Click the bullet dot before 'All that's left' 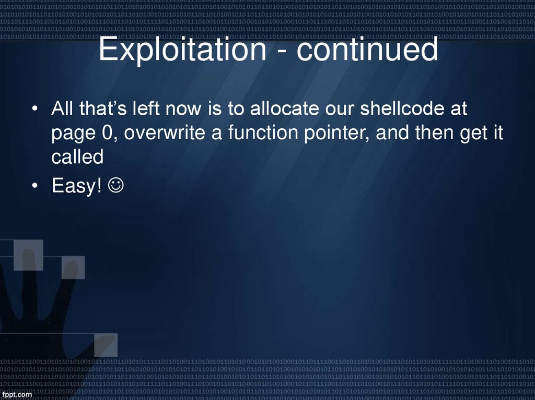coord(34,110)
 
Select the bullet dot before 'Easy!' coord(34,186)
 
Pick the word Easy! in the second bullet coord(77,186)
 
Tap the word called coord(77,157)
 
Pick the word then coord(433,134)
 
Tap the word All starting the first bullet coord(62,110)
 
